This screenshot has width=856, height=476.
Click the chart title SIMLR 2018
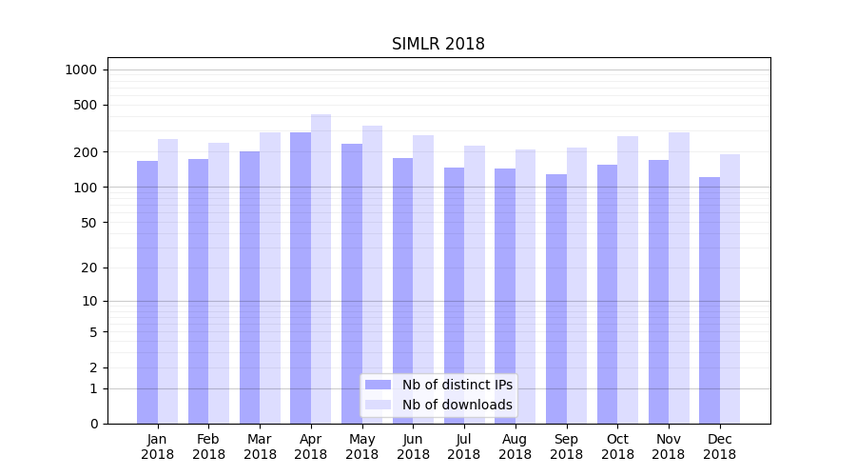pyautogui.click(x=438, y=45)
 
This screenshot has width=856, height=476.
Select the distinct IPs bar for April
pyautogui.click(x=301, y=276)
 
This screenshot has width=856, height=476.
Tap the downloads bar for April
pyautogui.click(x=321, y=267)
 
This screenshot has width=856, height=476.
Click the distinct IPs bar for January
pyautogui.click(x=147, y=290)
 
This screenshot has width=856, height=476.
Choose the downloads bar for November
pyautogui.click(x=678, y=276)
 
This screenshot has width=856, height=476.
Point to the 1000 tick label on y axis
pyautogui.click(x=81, y=69)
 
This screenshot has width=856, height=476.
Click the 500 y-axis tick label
pyautogui.click(x=86, y=105)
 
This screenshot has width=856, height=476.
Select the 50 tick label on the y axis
pyautogui.click(x=88, y=223)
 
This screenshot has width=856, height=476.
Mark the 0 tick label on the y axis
pyautogui.click(x=93, y=424)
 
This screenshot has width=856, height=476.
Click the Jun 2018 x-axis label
pyautogui.click(x=413, y=446)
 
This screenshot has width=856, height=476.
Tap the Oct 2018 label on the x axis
pyautogui.click(x=617, y=446)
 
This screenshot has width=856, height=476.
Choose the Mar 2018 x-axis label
pyautogui.click(x=260, y=446)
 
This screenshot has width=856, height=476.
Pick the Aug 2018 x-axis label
pyautogui.click(x=515, y=446)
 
